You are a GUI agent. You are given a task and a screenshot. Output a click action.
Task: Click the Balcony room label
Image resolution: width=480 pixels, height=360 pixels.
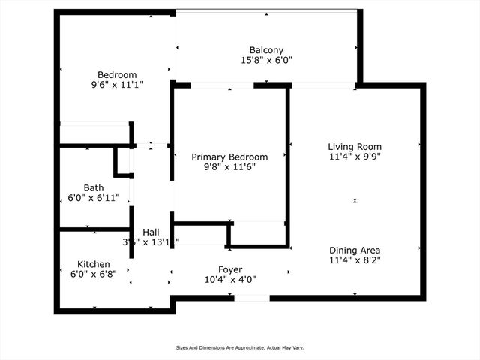[x=266, y=50]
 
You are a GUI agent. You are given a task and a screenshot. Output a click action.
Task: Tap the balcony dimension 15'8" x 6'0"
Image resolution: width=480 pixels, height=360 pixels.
[x=266, y=60]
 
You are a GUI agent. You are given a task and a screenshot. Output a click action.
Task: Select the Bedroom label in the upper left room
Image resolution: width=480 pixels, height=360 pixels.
[x=117, y=74]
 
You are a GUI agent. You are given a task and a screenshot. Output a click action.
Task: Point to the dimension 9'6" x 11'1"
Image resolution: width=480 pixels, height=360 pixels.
[x=117, y=84]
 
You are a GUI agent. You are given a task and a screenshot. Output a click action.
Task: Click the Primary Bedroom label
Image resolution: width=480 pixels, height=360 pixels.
[x=229, y=157]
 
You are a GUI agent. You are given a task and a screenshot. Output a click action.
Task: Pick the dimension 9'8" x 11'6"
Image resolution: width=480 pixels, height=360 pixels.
[x=229, y=166]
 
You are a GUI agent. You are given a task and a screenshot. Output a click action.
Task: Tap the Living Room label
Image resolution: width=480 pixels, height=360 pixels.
[x=355, y=147]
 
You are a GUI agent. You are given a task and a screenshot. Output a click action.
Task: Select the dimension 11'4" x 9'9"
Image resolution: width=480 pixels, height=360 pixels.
[x=355, y=157]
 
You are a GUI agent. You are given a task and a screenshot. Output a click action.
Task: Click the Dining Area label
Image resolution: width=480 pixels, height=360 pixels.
[x=355, y=250]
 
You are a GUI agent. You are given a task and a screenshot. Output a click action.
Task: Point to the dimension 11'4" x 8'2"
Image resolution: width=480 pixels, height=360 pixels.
[x=355, y=260]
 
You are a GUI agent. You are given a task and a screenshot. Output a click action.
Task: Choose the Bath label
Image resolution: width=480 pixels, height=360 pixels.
[x=94, y=188]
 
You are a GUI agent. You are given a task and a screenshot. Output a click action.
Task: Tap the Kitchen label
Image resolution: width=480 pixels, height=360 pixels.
[x=94, y=264]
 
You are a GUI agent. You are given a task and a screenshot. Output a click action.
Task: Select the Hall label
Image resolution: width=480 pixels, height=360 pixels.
[x=151, y=232]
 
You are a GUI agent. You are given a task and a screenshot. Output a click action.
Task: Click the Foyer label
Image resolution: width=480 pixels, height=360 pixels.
[x=230, y=269]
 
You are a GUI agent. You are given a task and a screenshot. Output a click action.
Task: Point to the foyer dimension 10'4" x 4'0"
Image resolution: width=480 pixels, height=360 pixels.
[x=230, y=279]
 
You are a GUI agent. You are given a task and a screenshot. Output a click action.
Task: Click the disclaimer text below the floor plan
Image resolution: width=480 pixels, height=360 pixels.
[x=239, y=347]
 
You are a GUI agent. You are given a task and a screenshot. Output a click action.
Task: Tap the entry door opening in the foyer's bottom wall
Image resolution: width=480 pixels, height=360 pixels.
[x=252, y=298]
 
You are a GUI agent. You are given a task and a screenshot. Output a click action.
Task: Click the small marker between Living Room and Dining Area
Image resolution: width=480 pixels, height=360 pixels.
[x=355, y=200]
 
